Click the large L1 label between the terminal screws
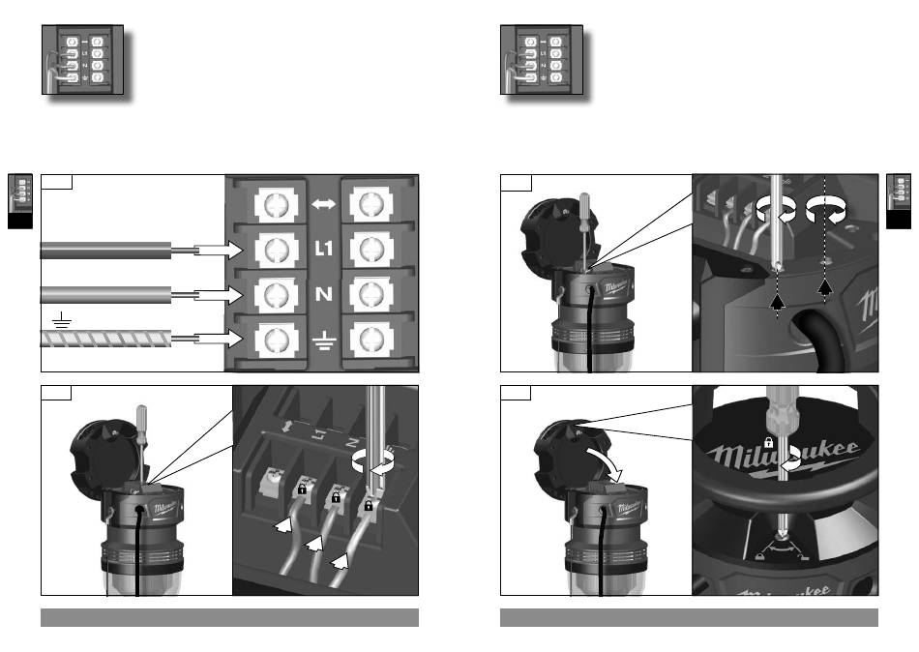[x=323, y=248]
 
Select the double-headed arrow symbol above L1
[x=323, y=205]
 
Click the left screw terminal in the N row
[x=275, y=292]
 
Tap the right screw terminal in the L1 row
[x=371, y=249]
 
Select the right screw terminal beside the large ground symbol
[x=371, y=338]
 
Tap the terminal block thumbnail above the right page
[x=542, y=59]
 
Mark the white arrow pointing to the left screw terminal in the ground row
[x=219, y=338]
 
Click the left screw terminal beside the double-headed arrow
[x=275, y=205]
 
